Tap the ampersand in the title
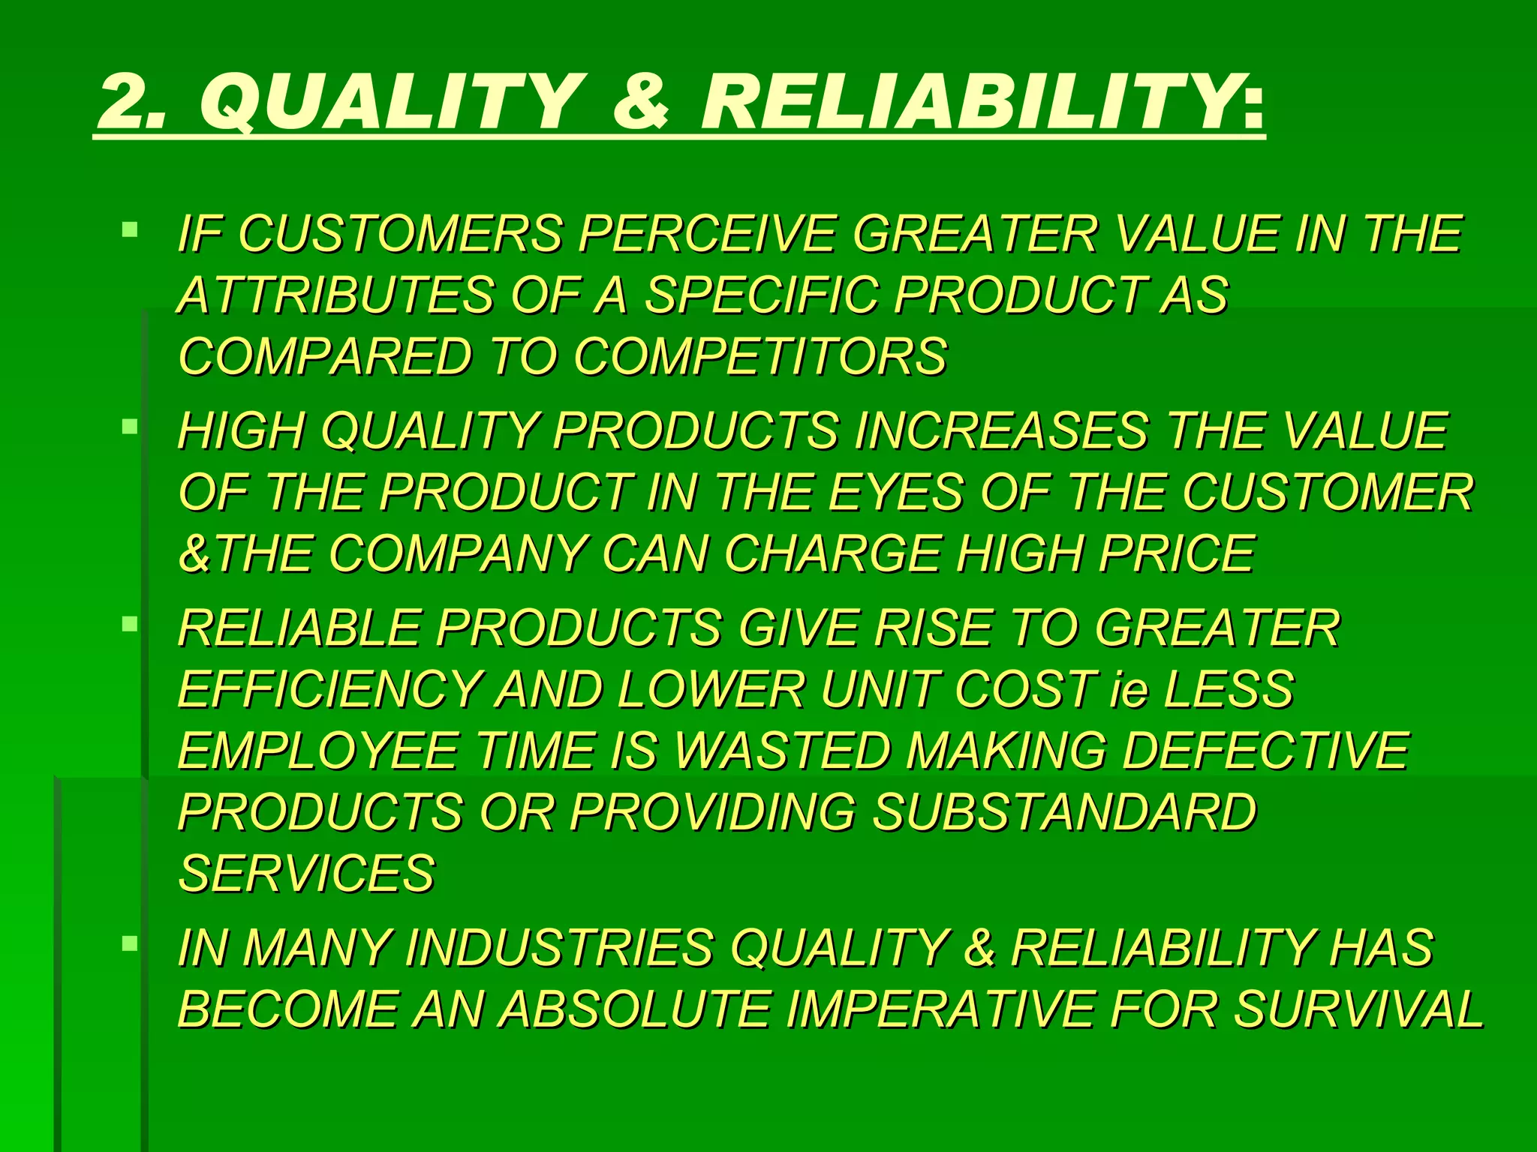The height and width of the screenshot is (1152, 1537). click(x=640, y=100)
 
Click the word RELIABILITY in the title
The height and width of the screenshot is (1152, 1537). click(x=968, y=100)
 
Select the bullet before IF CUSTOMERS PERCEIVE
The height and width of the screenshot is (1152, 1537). click(x=130, y=228)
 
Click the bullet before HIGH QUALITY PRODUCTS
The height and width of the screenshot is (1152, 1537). click(x=130, y=427)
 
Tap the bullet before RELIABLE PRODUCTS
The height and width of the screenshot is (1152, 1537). click(x=130, y=623)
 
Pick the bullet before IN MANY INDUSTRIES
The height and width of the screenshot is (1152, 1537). click(x=130, y=943)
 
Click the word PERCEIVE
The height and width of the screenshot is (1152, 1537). click(x=706, y=234)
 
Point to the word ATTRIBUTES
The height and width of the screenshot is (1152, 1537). click(x=335, y=295)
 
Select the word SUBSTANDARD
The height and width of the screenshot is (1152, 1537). click(x=1064, y=812)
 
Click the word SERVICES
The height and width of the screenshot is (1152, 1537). click(x=306, y=874)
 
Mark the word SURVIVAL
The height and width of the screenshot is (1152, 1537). click(x=1358, y=1009)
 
